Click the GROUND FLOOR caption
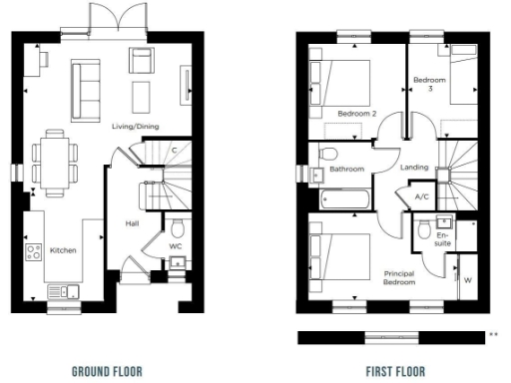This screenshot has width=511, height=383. [x=107, y=372]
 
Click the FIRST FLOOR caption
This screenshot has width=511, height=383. [x=396, y=372]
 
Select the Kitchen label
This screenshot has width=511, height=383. [x=62, y=250]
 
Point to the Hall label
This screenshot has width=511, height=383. [x=131, y=223]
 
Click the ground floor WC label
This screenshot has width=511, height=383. [x=176, y=244]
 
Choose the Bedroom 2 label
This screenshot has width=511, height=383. [x=356, y=114]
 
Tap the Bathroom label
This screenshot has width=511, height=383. [x=347, y=169]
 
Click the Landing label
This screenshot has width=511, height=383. [x=415, y=168]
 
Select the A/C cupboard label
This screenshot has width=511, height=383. [x=421, y=196]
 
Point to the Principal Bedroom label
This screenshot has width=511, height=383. [x=399, y=277]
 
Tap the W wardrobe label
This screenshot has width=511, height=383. [x=467, y=280]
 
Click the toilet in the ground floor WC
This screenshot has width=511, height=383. [x=178, y=226]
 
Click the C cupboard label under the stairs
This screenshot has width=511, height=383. [x=174, y=150]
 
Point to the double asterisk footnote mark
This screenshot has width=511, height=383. [x=492, y=334]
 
